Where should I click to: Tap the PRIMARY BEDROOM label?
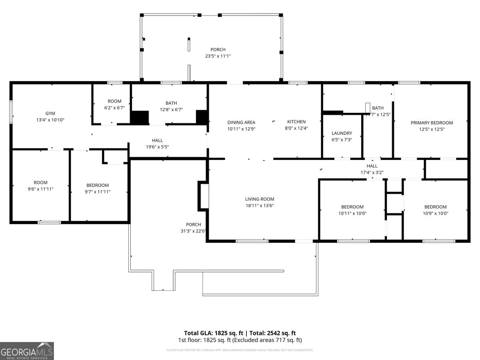coord(432,123)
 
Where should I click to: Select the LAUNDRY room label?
coord(342,133)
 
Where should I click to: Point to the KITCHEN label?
coord(296,122)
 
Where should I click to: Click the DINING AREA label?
coord(241,122)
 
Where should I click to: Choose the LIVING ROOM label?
coord(260,199)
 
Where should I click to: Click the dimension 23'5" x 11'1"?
coord(218,56)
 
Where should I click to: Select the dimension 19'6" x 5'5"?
coord(157,147)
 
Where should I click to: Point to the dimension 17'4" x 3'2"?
coord(372,172)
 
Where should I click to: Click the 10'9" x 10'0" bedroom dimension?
coord(435,213)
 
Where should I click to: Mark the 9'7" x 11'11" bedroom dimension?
coord(98,192)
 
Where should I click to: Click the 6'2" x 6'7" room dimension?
coord(114,108)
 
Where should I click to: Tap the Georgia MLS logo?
coord(27,351)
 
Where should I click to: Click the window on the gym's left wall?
coord(11,112)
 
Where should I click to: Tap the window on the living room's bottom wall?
coord(252,241)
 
